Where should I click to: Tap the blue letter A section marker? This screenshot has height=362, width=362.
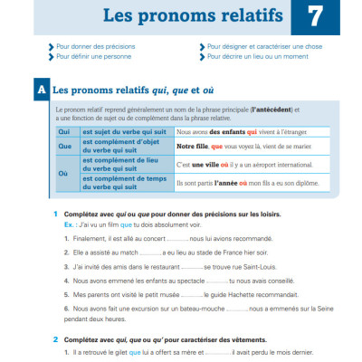40,91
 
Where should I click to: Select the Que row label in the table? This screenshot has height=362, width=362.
64,145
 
